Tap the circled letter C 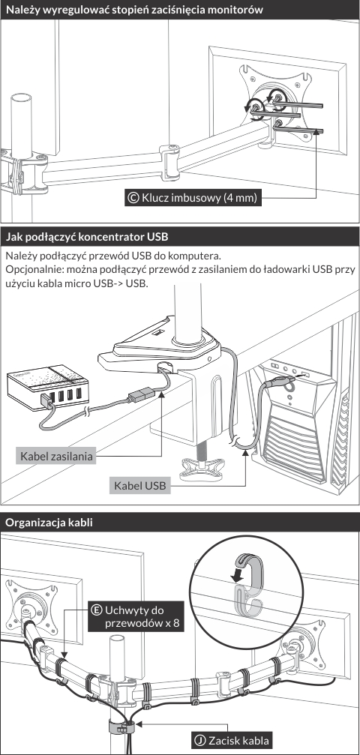click(133, 198)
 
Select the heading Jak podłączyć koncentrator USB click(86, 237)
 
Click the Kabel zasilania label click(55, 456)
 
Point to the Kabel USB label click(139, 485)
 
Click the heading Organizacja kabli click(49, 523)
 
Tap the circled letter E click(97, 610)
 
